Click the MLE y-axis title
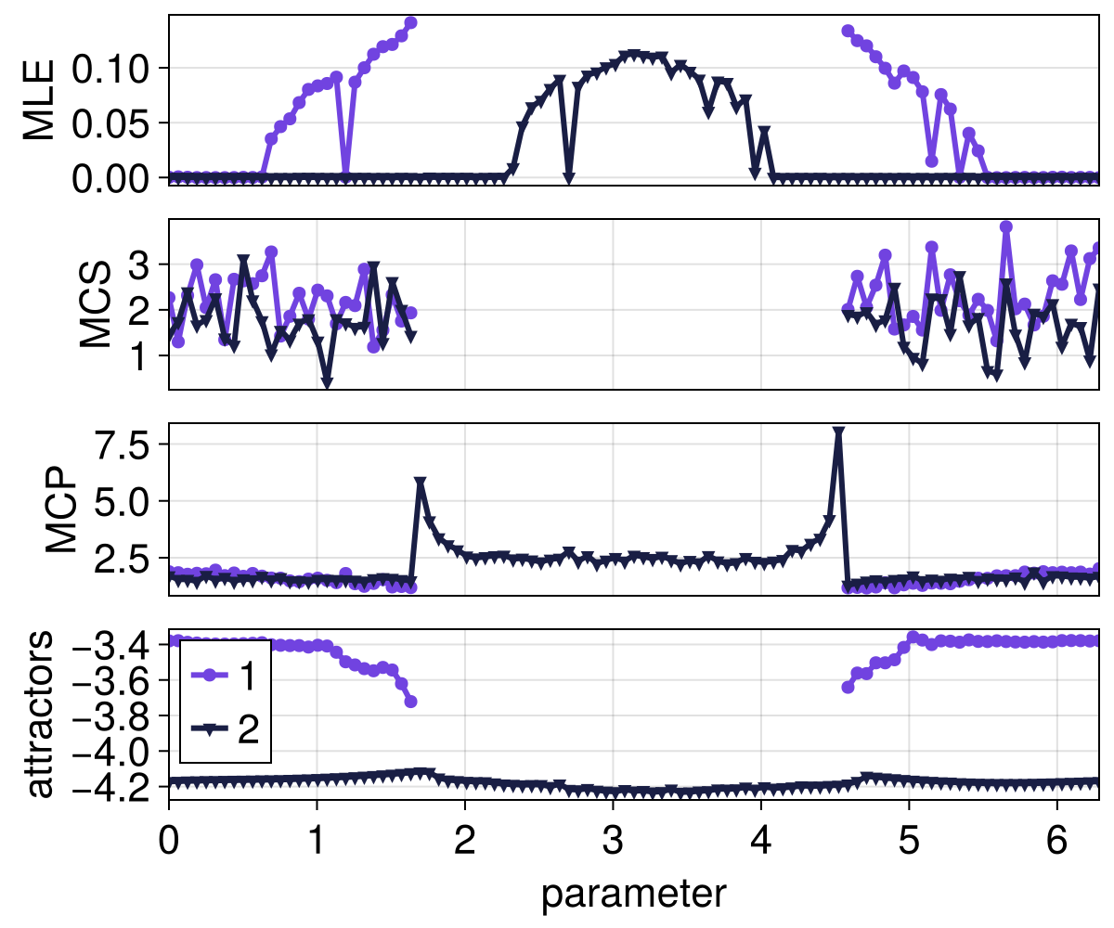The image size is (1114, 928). click(x=39, y=100)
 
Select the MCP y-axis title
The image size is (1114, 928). click(x=62, y=509)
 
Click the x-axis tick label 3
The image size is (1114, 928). click(x=613, y=834)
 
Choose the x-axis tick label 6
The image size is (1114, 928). click(x=1056, y=834)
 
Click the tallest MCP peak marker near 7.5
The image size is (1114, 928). click(x=838, y=432)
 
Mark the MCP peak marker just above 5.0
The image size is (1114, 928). click(x=420, y=483)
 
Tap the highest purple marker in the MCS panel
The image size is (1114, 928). click(x=1005, y=226)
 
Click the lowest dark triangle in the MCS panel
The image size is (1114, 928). click(x=327, y=382)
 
